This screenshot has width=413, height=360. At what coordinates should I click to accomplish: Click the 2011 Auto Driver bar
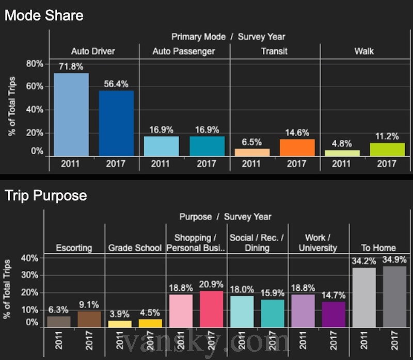pos(71,114)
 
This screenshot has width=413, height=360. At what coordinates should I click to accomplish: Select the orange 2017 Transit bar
pos(297,148)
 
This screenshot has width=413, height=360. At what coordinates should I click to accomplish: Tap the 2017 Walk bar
pos(387,150)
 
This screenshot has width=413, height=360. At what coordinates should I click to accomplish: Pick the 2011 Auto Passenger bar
pos(161,146)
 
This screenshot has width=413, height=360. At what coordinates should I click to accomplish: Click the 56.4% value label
pos(116,84)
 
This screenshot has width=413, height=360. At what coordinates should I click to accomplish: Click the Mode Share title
pos(44,15)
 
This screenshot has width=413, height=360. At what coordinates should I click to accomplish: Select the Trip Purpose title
pos(46,196)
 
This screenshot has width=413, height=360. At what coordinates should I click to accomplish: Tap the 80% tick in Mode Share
pos(35,64)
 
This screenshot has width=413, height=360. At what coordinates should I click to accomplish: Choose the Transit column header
pos(274,52)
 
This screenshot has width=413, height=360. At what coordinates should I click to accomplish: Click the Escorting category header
pos(74,248)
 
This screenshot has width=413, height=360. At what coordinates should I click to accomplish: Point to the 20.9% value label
pos(211,284)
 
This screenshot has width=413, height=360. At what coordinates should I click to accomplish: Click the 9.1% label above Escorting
pos(89,304)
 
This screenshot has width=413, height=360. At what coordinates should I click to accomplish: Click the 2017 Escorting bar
pos(89,319)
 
